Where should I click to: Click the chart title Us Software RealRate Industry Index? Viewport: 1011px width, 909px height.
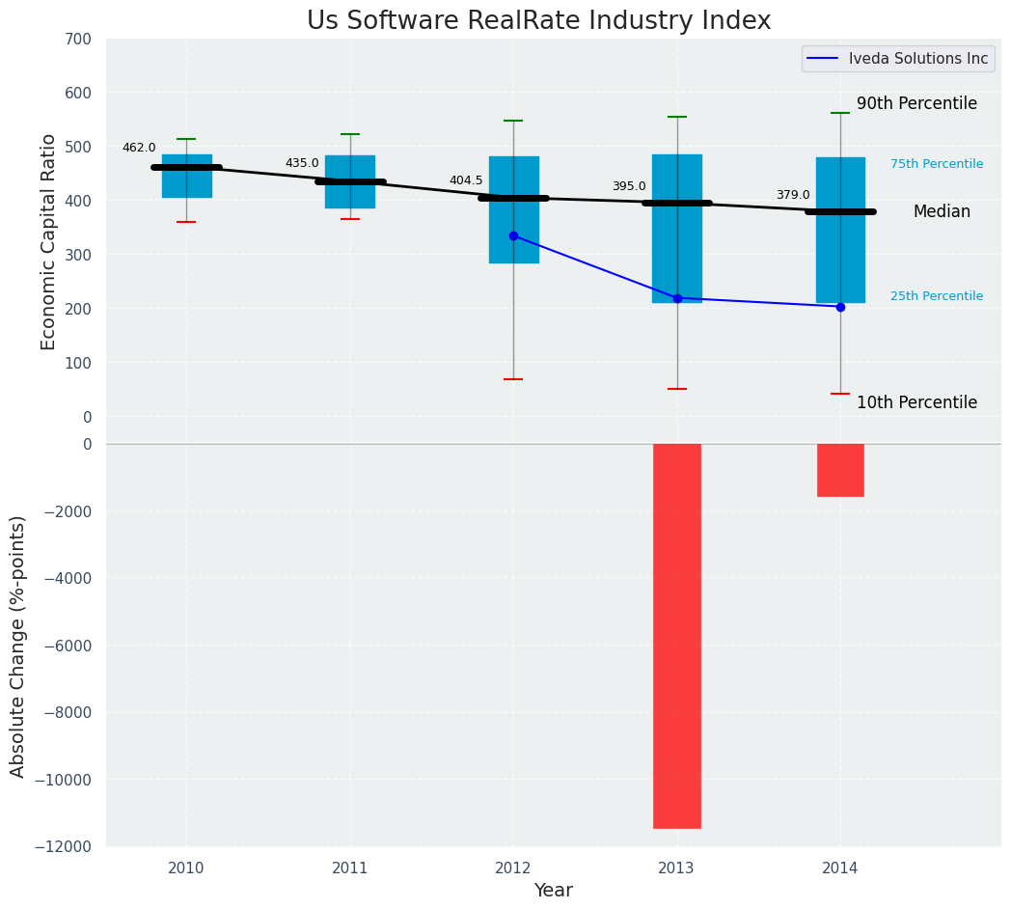click(x=538, y=21)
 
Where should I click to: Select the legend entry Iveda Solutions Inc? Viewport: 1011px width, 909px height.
click(x=917, y=59)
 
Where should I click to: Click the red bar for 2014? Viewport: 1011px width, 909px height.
click(x=840, y=470)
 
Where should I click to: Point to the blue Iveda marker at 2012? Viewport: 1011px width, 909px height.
click(x=513, y=235)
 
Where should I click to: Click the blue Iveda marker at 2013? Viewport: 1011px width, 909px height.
click(x=677, y=298)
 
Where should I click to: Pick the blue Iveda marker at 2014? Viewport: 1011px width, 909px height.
click(x=840, y=307)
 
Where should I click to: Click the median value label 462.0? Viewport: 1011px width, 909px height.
click(x=139, y=148)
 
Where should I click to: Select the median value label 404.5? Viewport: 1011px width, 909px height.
click(x=466, y=180)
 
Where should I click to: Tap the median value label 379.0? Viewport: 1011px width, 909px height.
click(x=793, y=195)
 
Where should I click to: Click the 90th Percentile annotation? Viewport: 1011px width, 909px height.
click(x=916, y=103)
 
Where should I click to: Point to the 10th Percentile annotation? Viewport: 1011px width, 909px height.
click(x=916, y=402)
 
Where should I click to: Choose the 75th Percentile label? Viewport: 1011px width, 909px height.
click(x=937, y=164)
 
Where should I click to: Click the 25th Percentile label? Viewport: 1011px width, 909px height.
click(x=937, y=296)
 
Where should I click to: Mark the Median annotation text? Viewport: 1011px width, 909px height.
click(x=942, y=211)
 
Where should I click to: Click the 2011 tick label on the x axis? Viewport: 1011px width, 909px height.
click(x=350, y=868)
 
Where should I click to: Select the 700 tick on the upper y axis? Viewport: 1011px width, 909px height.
click(x=79, y=40)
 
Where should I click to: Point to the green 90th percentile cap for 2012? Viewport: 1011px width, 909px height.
click(x=513, y=121)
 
